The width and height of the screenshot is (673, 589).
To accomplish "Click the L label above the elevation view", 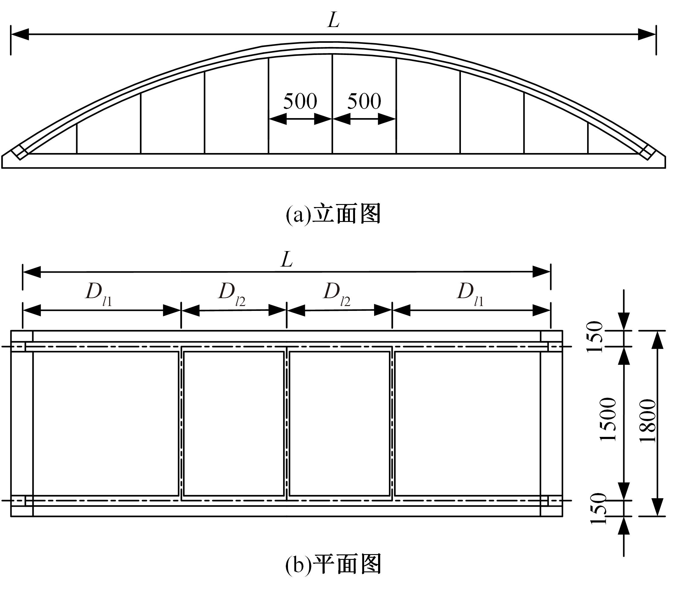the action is point(333,21).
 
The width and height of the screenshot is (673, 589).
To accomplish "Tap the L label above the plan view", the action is point(286,260).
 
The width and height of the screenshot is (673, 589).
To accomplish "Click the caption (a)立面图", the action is point(333,214).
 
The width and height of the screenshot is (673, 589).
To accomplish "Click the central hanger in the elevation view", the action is point(332,104).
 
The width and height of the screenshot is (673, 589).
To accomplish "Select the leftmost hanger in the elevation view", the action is point(77,139).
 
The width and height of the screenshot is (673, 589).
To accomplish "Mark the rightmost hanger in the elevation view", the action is point(588,139).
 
